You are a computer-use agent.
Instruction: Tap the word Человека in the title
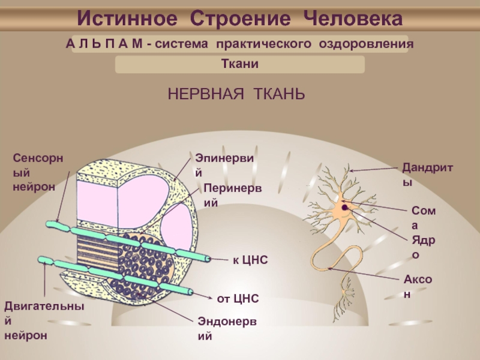352,19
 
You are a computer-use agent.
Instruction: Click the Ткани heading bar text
239,64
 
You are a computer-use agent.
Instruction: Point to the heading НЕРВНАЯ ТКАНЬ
236,94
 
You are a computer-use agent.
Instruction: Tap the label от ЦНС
237,298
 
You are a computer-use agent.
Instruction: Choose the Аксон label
418,287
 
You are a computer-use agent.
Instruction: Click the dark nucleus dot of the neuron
346,208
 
